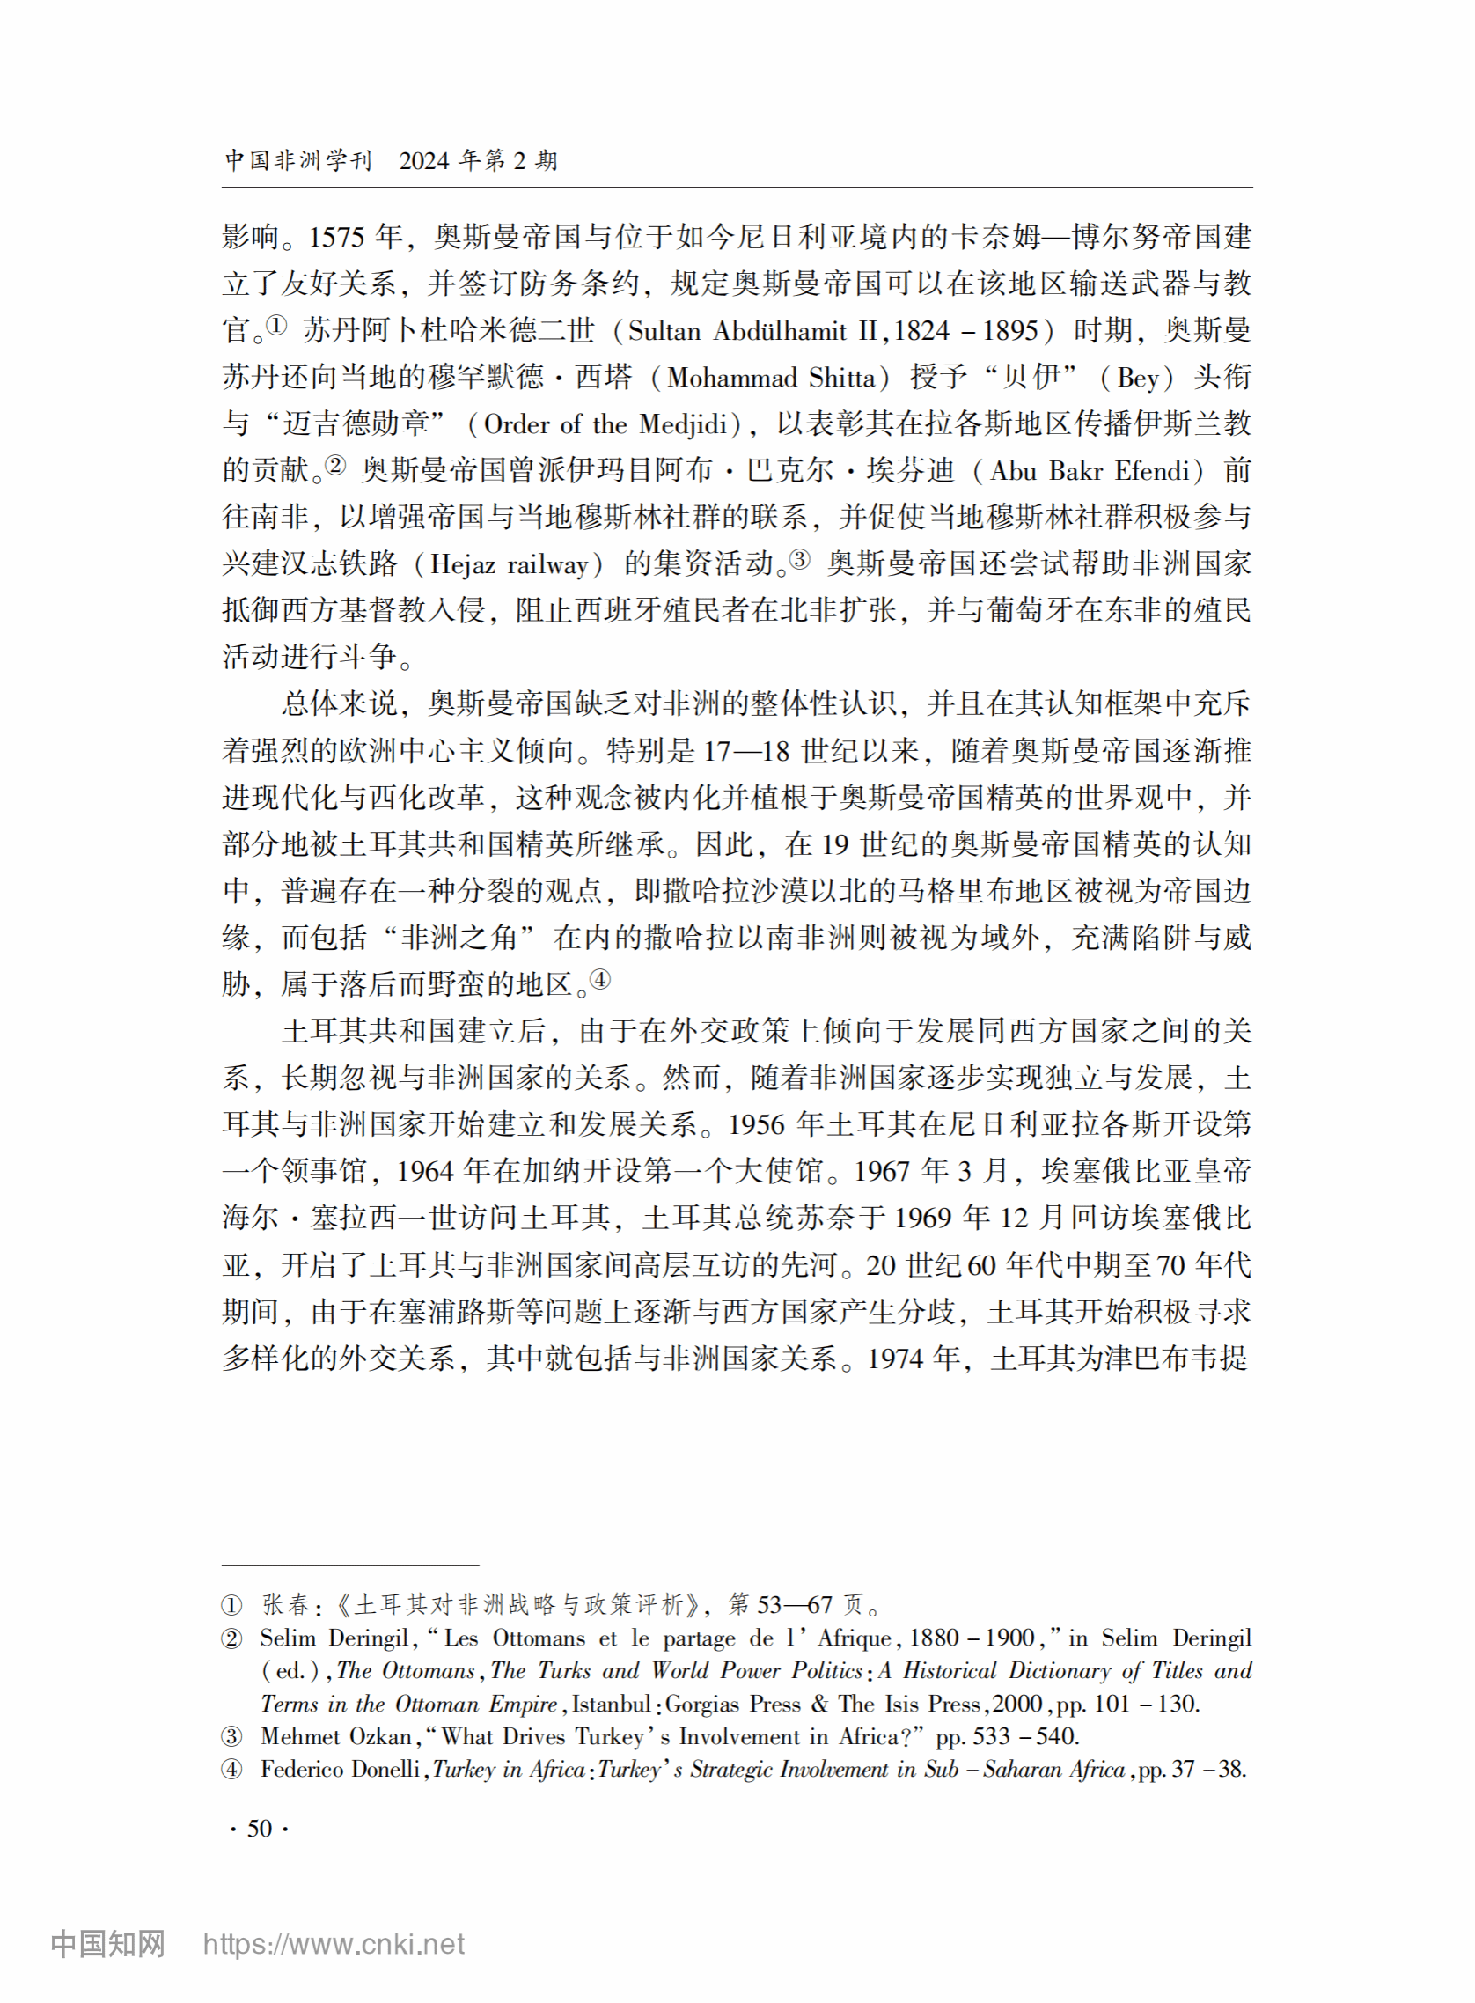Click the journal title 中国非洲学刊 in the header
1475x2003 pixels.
pyautogui.click(x=297, y=161)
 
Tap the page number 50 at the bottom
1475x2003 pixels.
pyautogui.click(x=260, y=1828)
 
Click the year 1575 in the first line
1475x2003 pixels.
pyautogui.click(x=337, y=238)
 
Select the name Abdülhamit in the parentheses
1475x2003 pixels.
pyautogui.click(x=780, y=331)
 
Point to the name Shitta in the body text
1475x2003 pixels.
pyautogui.click(x=842, y=378)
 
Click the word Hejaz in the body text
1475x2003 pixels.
pyautogui.click(x=464, y=564)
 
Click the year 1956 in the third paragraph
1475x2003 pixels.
pyautogui.click(x=755, y=1124)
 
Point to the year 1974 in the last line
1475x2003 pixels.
pyautogui.click(x=896, y=1359)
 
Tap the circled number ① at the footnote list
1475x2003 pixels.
pyautogui.click(x=231, y=1606)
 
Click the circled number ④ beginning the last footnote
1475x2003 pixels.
pyautogui.click(x=231, y=1769)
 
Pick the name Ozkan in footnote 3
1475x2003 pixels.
pyautogui.click(x=380, y=1736)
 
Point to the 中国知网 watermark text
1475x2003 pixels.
pyautogui.click(x=107, y=1944)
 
